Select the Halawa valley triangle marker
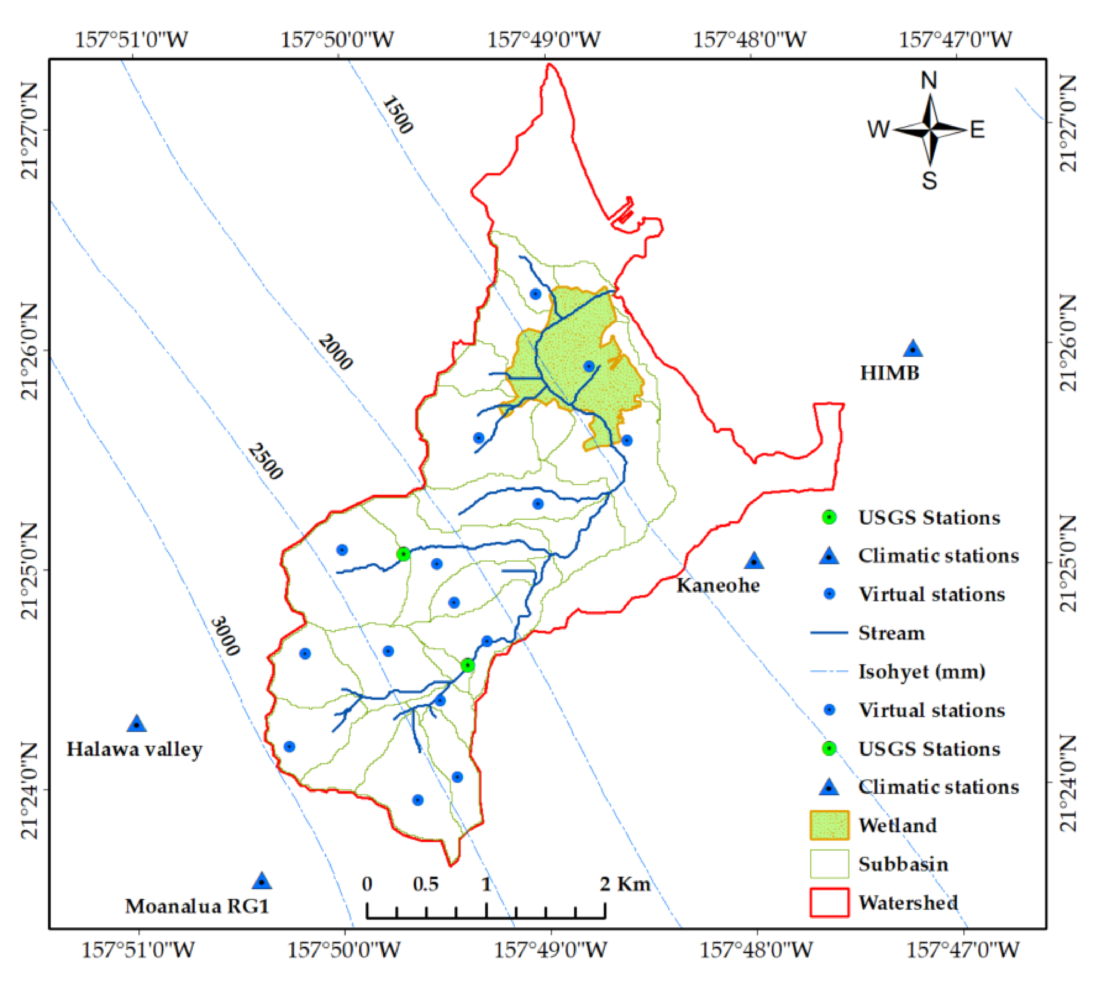coord(137,724)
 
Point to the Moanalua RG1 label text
coord(197,906)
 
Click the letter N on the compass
coord(929,81)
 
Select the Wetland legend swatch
coord(829,825)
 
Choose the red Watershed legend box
coord(829,902)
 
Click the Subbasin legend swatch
coord(829,864)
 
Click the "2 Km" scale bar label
coord(625,884)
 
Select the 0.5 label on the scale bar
coord(426,884)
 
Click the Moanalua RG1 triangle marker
coord(262,881)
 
